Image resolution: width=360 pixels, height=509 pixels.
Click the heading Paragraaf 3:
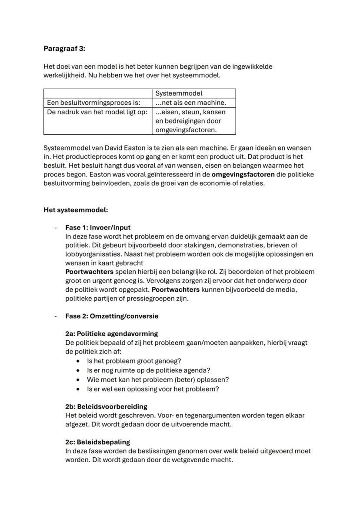(x=64, y=49)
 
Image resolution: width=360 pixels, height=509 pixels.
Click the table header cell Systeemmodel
(x=179, y=93)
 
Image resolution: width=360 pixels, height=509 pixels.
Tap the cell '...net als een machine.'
(x=191, y=103)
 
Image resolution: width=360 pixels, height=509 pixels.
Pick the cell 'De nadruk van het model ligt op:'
(x=97, y=112)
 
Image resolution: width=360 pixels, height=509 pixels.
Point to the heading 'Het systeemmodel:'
(x=75, y=210)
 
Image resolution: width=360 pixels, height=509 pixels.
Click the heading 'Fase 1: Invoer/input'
(x=98, y=227)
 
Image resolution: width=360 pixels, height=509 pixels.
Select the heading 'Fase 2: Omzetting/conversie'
(x=112, y=316)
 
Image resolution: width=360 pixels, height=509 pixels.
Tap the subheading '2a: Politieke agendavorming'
(x=111, y=334)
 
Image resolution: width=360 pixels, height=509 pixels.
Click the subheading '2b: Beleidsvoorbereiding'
(x=106, y=406)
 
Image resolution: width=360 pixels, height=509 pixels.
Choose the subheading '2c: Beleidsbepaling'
(x=97, y=442)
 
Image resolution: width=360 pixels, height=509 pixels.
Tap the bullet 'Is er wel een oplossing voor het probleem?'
(x=153, y=389)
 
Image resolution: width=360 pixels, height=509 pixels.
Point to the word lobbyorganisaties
(x=92, y=254)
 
